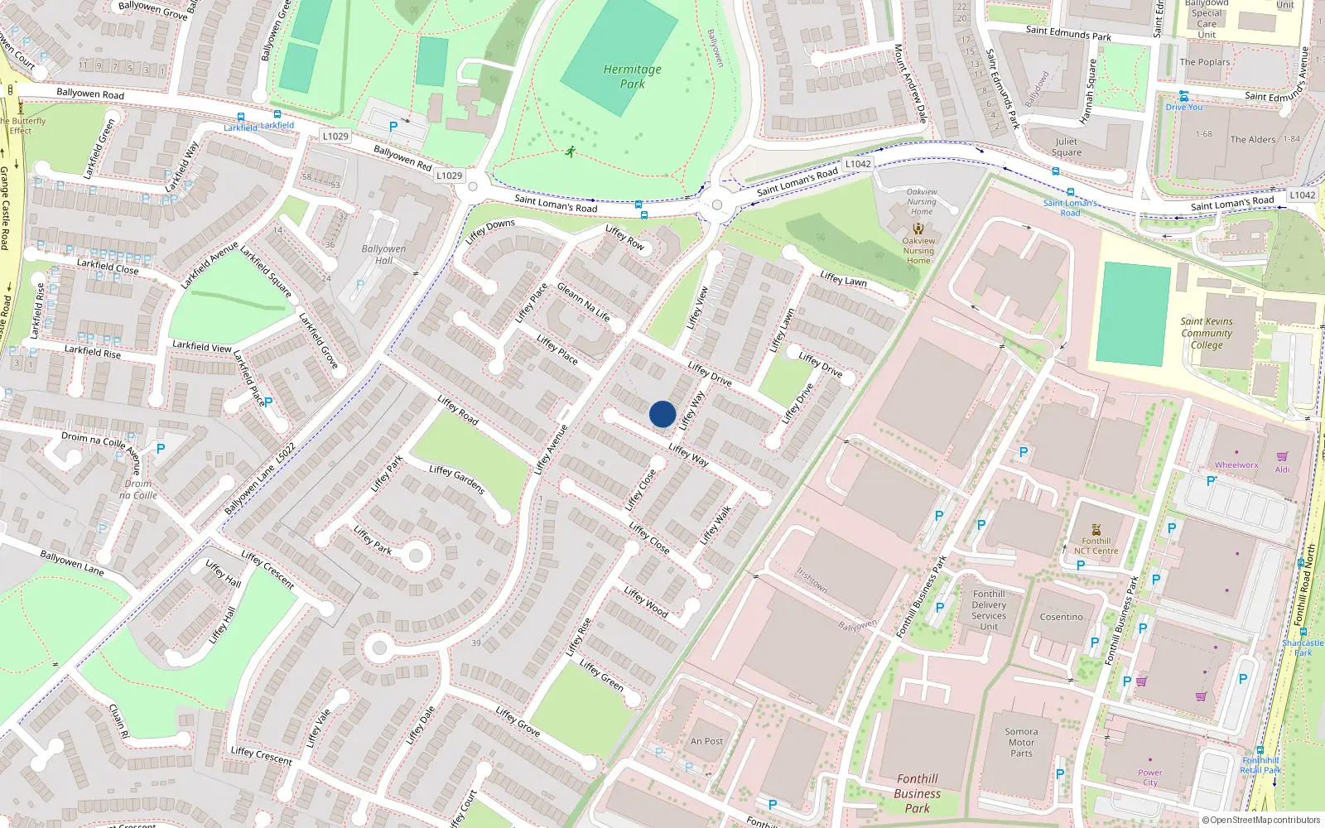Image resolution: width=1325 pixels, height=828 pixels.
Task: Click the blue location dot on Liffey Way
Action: [662, 414]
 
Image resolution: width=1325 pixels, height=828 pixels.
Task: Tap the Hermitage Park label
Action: [633, 77]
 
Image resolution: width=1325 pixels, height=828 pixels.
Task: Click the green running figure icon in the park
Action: [570, 151]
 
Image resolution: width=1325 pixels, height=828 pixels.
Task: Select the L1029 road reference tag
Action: [449, 176]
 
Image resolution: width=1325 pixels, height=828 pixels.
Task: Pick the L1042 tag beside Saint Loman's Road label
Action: [858, 164]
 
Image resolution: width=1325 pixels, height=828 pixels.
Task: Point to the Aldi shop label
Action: [1282, 469]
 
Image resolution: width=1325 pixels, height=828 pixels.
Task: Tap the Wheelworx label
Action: [1236, 465]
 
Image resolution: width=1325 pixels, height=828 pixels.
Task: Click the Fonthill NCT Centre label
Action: [1096, 546]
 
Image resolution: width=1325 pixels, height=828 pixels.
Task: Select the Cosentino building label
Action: [1061, 617]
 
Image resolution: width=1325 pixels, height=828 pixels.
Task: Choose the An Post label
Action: [706, 742]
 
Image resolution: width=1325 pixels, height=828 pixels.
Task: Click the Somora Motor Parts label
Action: [1021, 743]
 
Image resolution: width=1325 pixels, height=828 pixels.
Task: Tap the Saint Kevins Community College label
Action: [1207, 333]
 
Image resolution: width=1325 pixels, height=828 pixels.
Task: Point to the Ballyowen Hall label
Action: [383, 254]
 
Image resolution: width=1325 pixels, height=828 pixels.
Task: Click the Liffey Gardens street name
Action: [456, 479]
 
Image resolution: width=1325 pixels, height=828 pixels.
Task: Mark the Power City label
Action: [1149, 777]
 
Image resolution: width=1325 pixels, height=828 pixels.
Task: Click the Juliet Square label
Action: [1067, 147]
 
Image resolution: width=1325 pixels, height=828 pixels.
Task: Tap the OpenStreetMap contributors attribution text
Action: [1261, 821]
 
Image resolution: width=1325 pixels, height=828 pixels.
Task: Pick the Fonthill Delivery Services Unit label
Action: [989, 610]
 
